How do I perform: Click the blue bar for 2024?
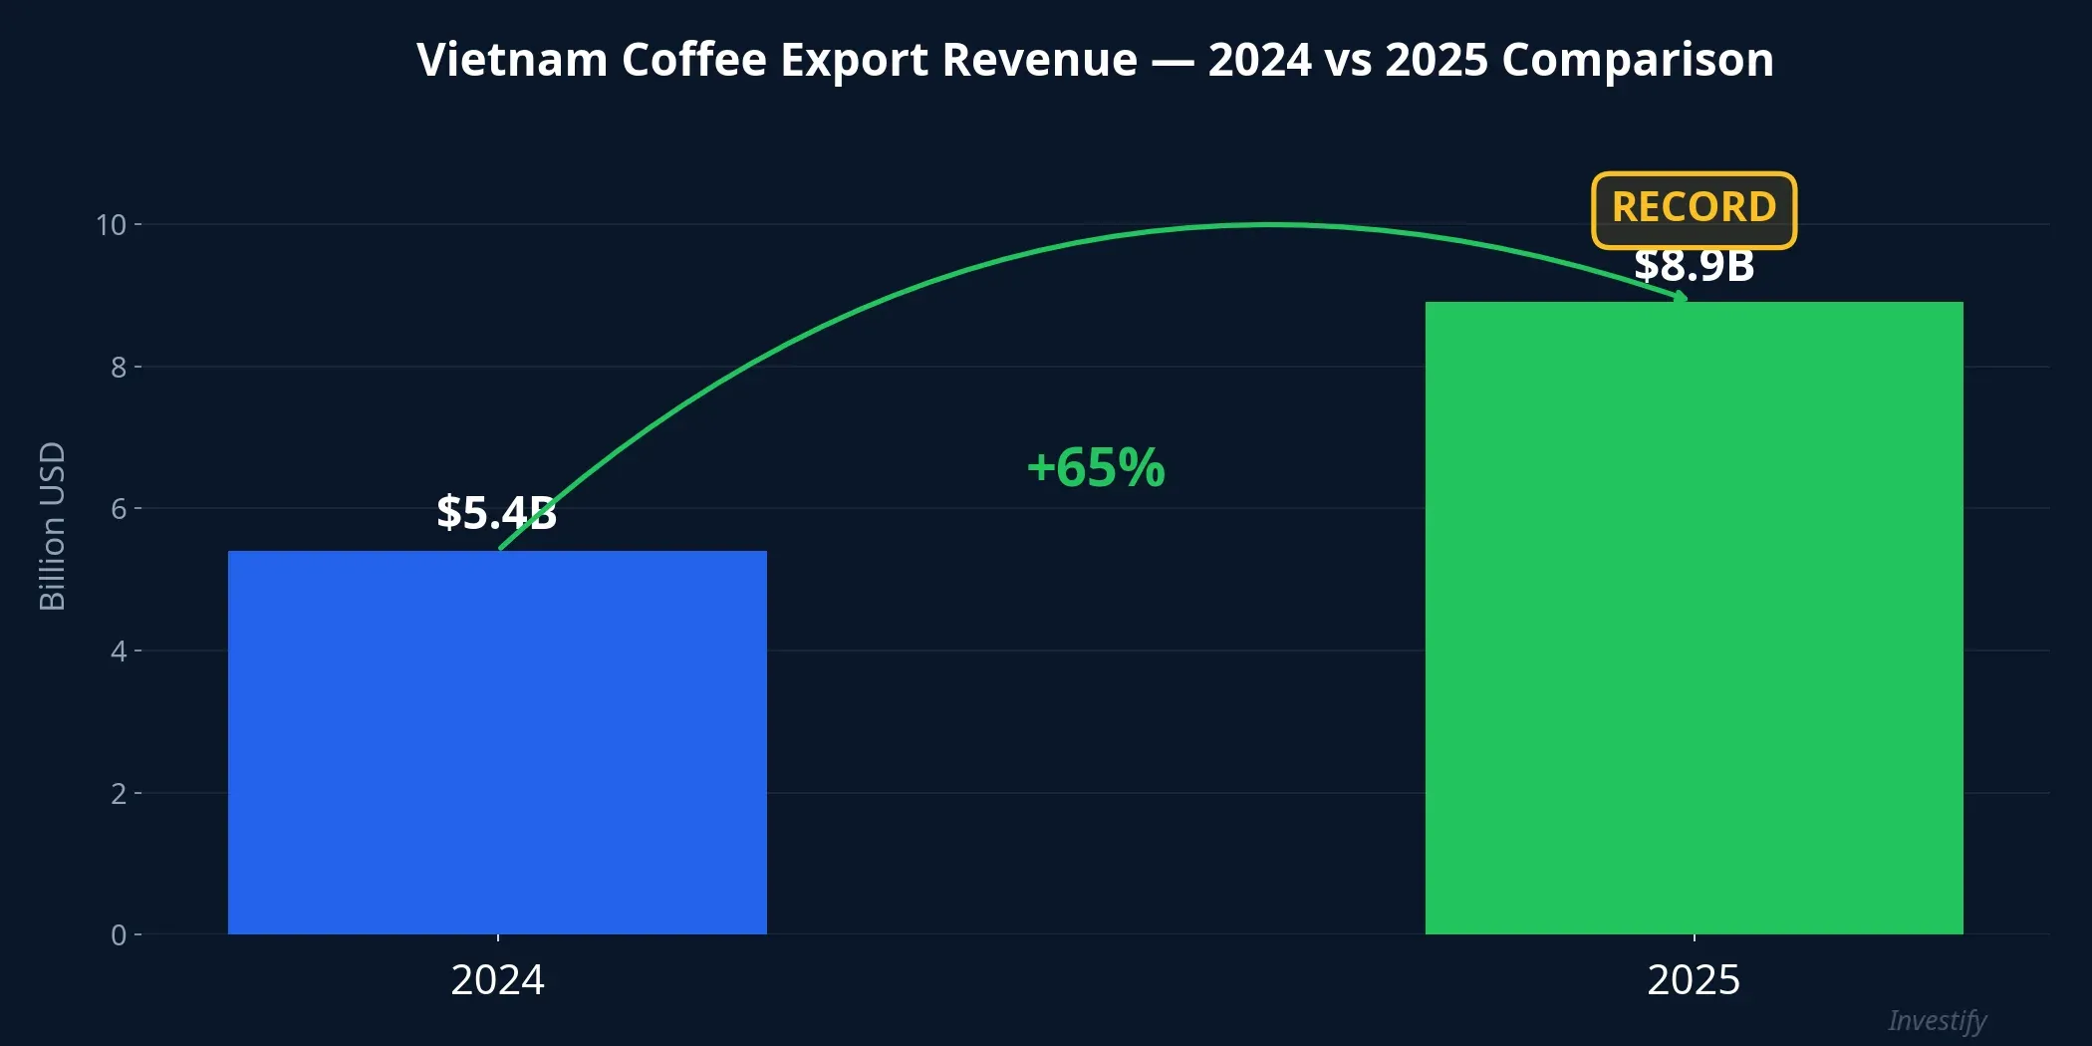tap(497, 742)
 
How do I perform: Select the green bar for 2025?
tap(1694, 618)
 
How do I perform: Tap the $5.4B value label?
tap(496, 512)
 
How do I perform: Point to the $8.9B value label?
tap(1694, 266)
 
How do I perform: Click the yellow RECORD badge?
tap(1694, 208)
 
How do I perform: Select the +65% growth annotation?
tap(1096, 467)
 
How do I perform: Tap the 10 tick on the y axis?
tap(112, 225)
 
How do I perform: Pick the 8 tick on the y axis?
tap(119, 368)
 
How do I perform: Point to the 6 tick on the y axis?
tap(119, 509)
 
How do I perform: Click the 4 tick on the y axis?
tap(119, 652)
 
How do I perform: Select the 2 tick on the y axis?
tap(119, 794)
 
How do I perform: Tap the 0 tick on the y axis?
tap(119, 935)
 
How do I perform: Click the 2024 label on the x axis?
tap(497, 980)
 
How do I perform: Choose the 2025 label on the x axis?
tap(1694, 980)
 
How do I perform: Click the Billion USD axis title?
tap(52, 526)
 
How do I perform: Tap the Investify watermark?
tap(1937, 1020)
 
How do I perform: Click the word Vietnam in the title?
tap(511, 60)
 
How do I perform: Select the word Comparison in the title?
tap(1637, 60)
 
